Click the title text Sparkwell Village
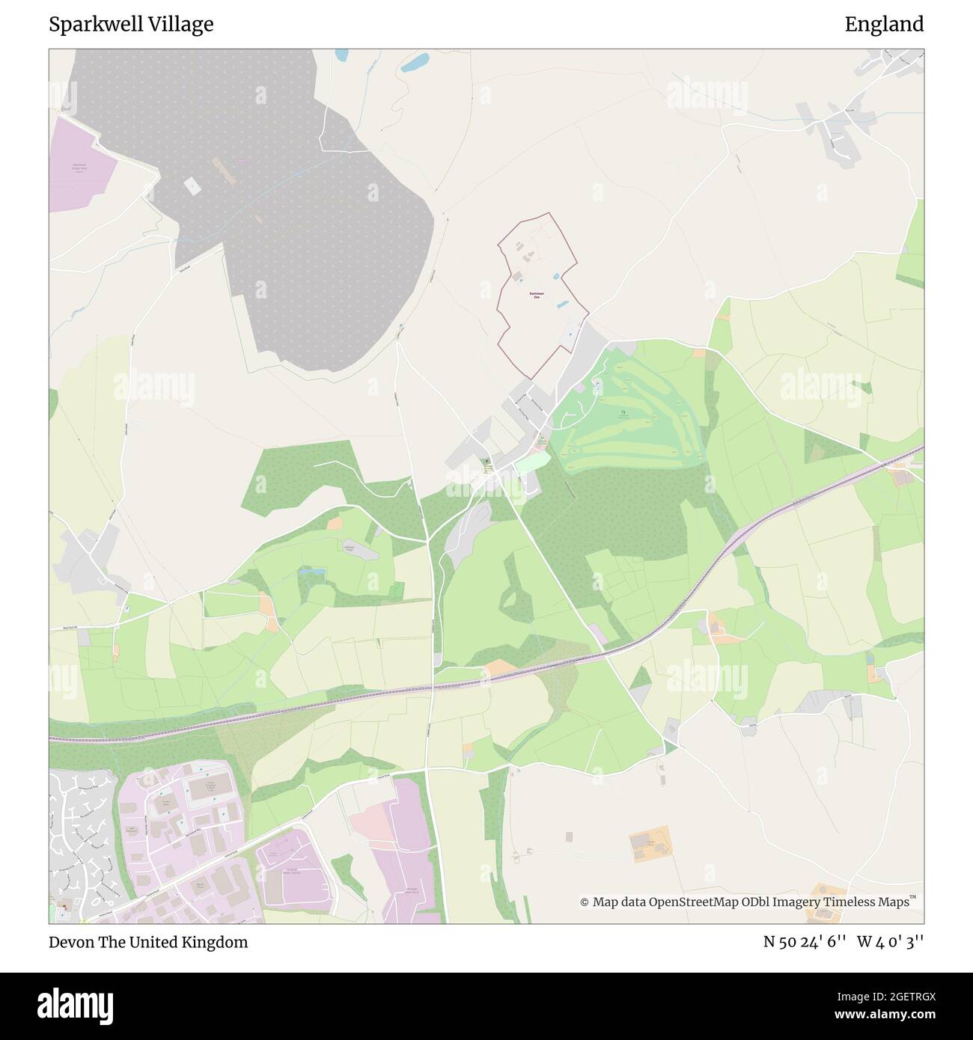(x=131, y=25)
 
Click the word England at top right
(x=884, y=25)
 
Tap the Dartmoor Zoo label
(x=537, y=296)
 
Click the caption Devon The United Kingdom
(x=148, y=942)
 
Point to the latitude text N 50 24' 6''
(x=805, y=942)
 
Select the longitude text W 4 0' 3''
(x=890, y=942)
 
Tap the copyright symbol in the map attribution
(x=585, y=902)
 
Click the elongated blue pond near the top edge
(x=414, y=63)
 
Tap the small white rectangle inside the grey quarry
(x=192, y=186)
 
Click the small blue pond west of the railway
(x=312, y=571)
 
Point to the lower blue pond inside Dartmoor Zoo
(x=561, y=304)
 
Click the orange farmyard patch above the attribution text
(x=651, y=843)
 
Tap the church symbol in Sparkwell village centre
(x=487, y=462)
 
